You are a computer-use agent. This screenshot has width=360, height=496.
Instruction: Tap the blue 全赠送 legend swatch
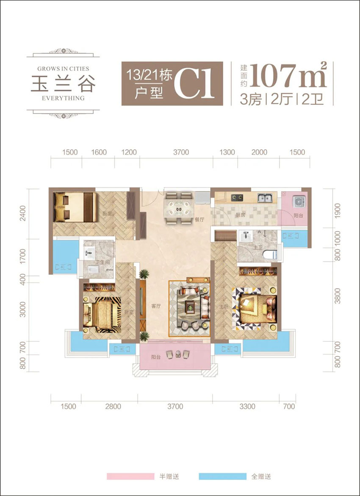tap(222, 476)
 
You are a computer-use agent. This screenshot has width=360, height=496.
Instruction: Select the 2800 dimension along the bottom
tap(113, 407)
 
